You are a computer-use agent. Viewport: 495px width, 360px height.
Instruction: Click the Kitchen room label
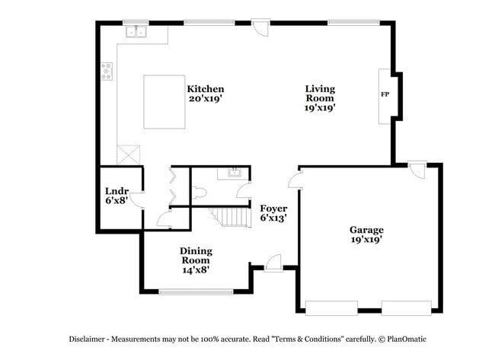coord(206,93)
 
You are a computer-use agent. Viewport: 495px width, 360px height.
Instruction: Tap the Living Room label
coord(320,98)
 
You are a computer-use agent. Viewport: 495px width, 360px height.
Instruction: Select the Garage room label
coord(366,234)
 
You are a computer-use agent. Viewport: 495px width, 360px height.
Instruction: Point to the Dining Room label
coord(196,260)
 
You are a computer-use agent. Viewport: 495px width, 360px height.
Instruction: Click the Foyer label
coord(273,213)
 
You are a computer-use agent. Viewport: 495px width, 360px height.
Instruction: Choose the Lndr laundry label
coord(117,196)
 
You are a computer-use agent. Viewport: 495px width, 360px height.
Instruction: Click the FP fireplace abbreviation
coord(385,95)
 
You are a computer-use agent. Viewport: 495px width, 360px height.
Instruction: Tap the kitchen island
coord(164,101)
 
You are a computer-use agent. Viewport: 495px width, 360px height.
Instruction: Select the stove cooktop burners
coord(107,72)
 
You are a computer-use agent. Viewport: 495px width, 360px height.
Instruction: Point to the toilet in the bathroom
coord(199,193)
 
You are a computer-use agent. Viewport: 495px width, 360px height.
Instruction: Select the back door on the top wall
coord(260,27)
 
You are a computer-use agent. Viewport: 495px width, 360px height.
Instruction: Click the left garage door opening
coord(331,307)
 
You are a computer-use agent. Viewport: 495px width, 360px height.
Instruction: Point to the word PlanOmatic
coord(407,339)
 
